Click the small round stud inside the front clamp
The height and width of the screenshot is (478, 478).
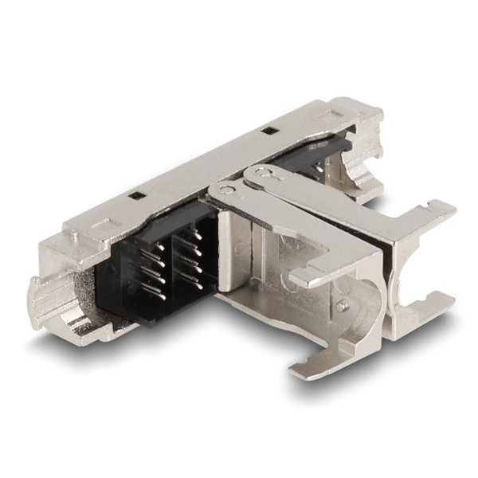point(341,305)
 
